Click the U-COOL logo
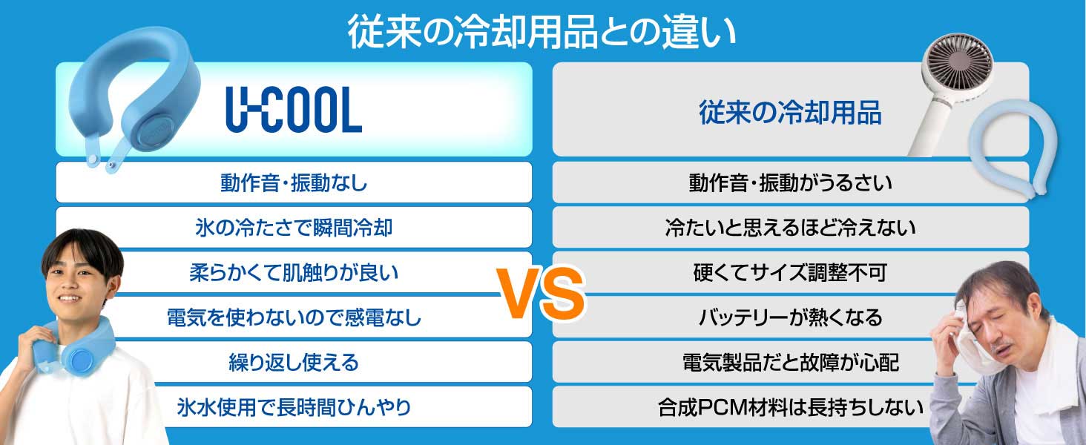point(294,112)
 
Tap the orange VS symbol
point(540,295)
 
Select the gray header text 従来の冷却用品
point(790,113)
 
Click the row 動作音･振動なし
point(294,182)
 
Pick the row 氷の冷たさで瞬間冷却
point(294,228)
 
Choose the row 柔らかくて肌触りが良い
point(294,273)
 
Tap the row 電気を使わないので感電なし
point(294,318)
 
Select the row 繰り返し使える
point(294,363)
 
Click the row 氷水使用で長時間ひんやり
point(294,407)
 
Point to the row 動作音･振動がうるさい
point(790,182)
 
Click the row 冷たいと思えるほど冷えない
point(790,228)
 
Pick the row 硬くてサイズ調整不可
point(790,273)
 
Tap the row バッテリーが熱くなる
point(790,318)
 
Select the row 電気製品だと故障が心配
point(790,363)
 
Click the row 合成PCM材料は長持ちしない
point(790,407)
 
